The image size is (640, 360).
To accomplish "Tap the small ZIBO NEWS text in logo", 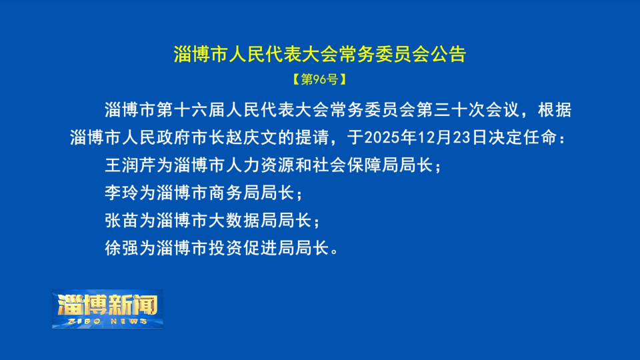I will (108, 321).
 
